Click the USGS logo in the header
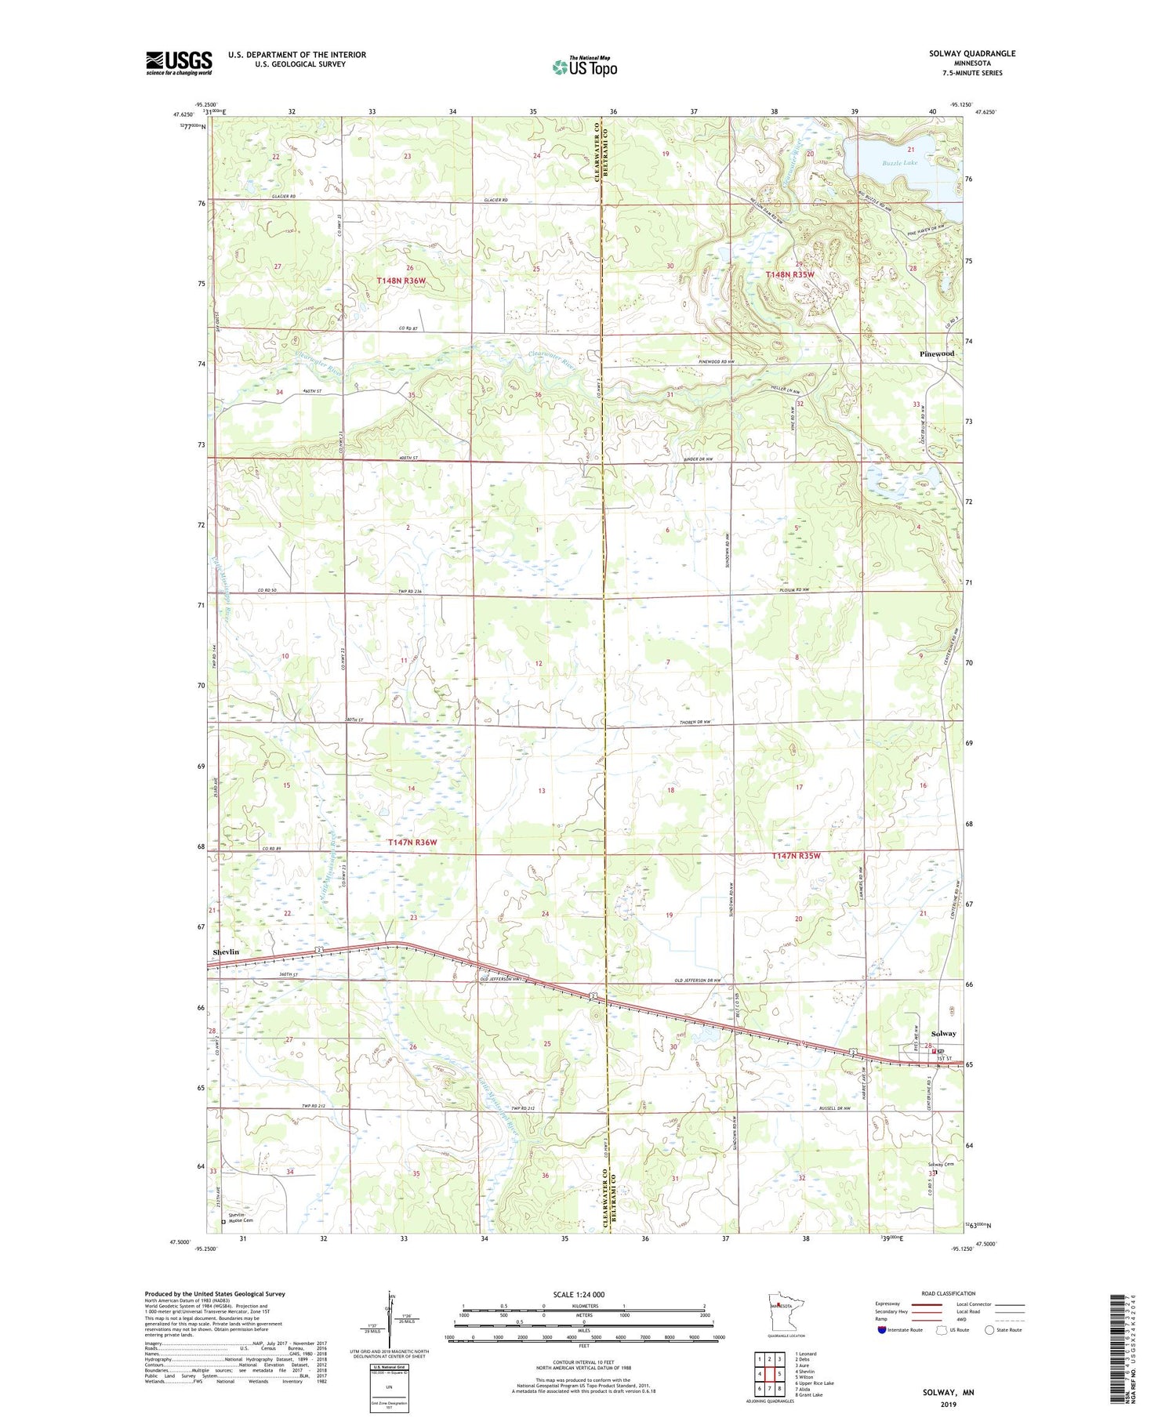click(179, 63)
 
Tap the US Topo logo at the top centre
click(584, 67)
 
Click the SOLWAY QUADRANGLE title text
click(964, 53)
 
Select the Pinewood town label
click(937, 353)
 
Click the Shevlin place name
click(226, 952)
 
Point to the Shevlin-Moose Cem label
click(241, 1218)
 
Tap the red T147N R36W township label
click(412, 842)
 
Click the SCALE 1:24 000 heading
click(579, 1294)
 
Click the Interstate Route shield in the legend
click(882, 1329)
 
